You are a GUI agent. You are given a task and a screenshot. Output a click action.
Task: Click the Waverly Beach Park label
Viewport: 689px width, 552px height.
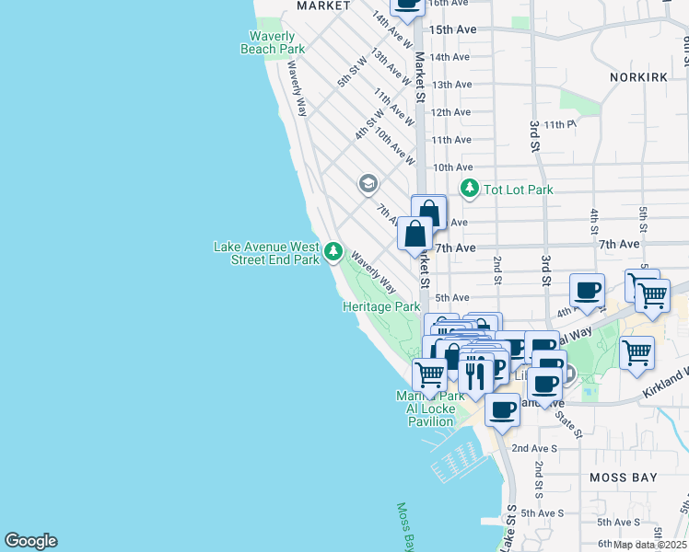coord(272,42)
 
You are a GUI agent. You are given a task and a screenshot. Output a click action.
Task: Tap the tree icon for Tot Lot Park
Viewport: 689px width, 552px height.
coord(470,189)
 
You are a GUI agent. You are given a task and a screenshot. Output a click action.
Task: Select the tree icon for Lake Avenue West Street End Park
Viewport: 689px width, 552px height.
coord(333,251)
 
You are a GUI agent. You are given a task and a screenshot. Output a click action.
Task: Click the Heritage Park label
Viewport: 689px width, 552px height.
coord(381,306)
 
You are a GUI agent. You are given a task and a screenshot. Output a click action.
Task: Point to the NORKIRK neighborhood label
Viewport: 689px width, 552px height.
coord(637,77)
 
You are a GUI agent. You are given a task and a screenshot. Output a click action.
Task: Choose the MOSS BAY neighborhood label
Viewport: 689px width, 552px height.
coord(622,477)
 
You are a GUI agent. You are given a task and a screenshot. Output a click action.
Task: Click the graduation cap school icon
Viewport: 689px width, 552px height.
coord(368,182)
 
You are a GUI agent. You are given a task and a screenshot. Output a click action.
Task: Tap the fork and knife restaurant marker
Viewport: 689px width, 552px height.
coord(475,374)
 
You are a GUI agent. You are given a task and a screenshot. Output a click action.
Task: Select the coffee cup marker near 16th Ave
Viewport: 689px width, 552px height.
coord(407,5)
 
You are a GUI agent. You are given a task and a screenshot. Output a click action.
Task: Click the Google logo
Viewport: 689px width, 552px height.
coord(30,541)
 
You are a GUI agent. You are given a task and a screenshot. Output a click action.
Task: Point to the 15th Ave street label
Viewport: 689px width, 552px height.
coord(452,29)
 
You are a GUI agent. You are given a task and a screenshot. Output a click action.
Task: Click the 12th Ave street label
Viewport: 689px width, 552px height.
coord(451,112)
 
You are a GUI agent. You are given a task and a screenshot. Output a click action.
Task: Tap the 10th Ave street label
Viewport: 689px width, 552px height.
coord(452,167)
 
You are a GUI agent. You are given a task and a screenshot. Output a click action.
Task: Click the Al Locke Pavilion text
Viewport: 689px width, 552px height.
coord(432,421)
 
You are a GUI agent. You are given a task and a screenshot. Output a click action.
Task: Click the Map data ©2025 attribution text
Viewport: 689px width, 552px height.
coord(648,545)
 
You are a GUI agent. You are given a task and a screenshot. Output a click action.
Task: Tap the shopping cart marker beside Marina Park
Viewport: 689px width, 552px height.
coord(429,374)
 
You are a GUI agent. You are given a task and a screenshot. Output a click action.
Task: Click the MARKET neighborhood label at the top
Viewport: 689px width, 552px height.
coord(323,6)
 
